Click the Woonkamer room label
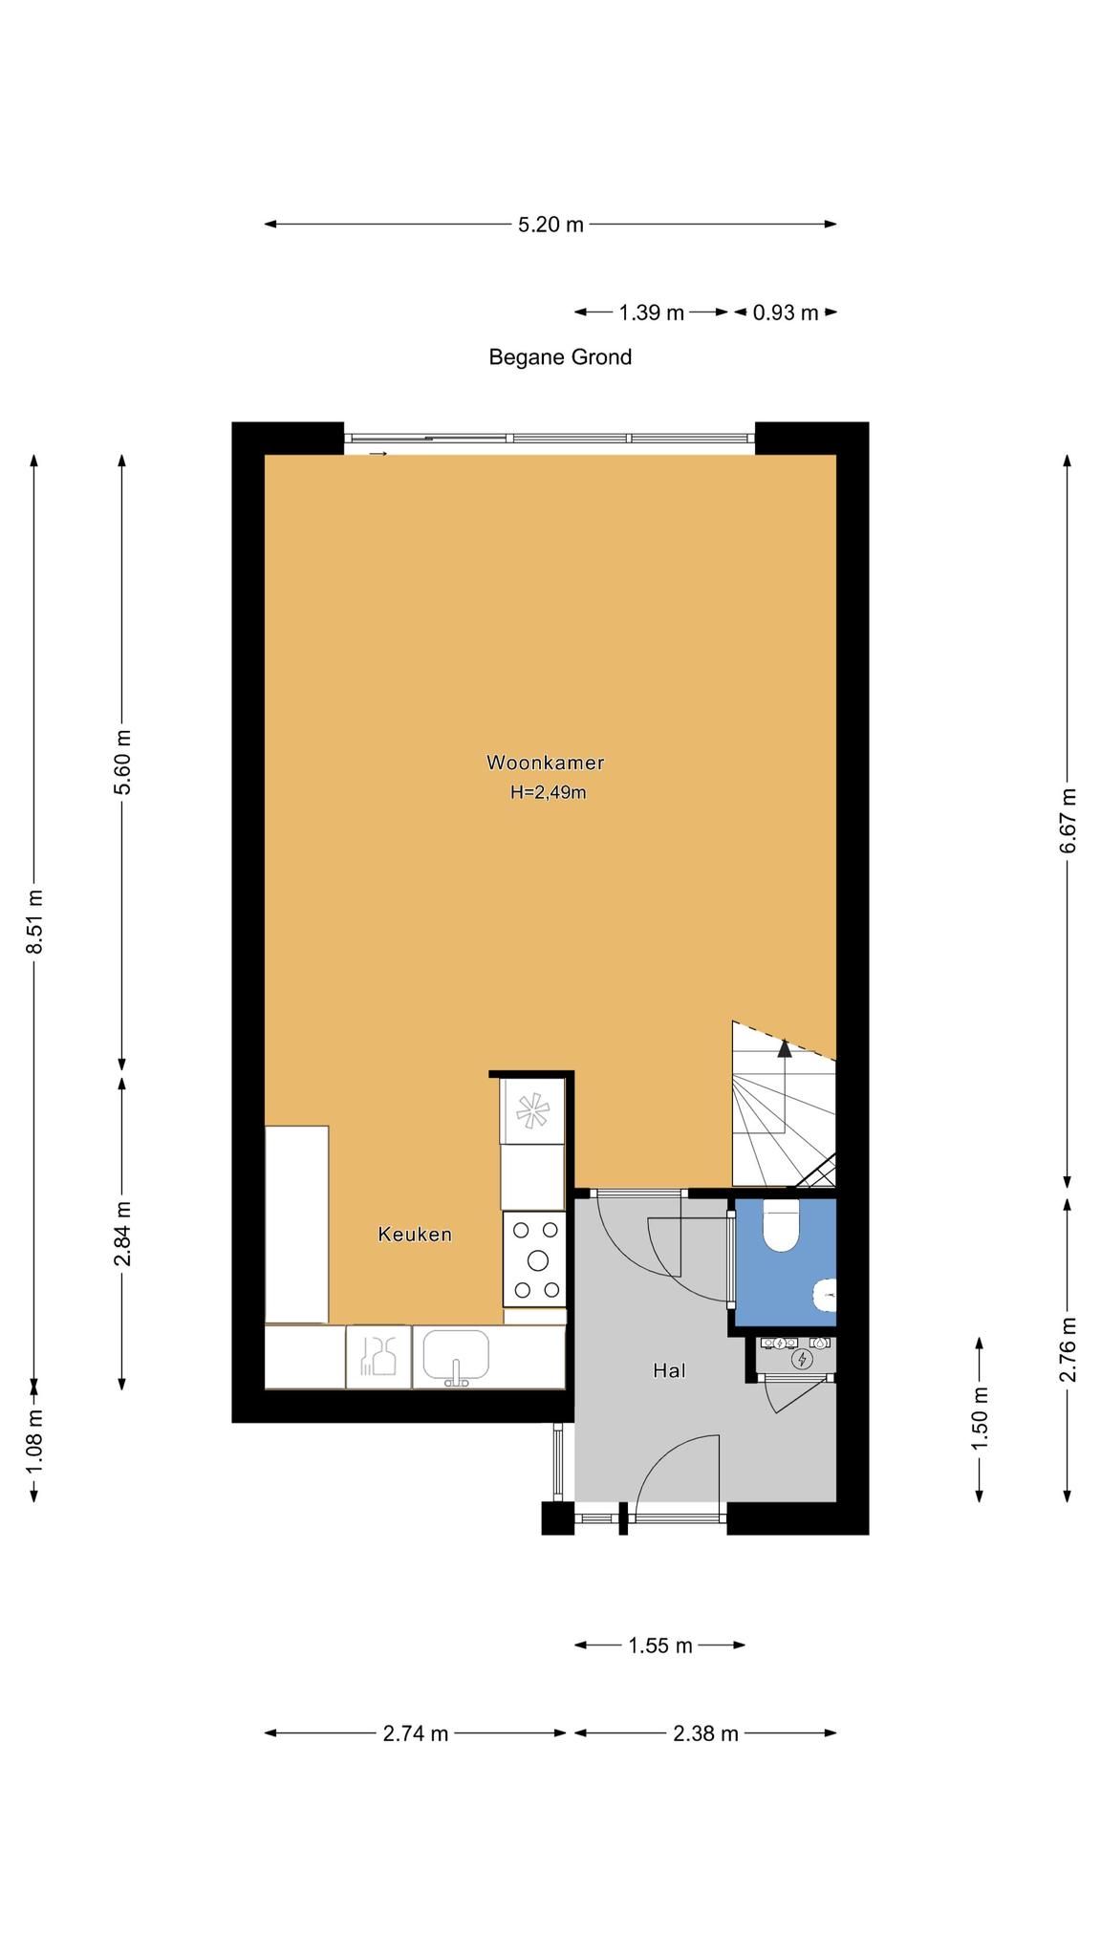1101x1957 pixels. pyautogui.click(x=545, y=763)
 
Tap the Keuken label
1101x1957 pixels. pyautogui.click(x=415, y=1235)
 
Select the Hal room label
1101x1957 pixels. pyautogui.click(x=669, y=1371)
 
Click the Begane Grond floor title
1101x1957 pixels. pyautogui.click(x=560, y=357)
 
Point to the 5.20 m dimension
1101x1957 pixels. pyautogui.click(x=550, y=226)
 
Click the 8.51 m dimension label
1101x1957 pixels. pyautogui.click(x=34, y=921)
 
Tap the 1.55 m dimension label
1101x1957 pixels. pyautogui.click(x=659, y=1645)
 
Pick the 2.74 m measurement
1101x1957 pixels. pyautogui.click(x=416, y=1733)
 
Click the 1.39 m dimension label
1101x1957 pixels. pyautogui.click(x=652, y=312)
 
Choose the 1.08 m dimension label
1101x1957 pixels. pyautogui.click(x=34, y=1441)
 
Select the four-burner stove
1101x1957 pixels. pyautogui.click(x=535, y=1259)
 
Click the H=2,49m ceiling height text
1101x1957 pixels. pyautogui.click(x=548, y=792)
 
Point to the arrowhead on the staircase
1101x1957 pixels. pyautogui.click(x=785, y=1048)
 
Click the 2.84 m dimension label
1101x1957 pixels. pyautogui.click(x=122, y=1234)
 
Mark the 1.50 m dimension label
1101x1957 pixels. pyautogui.click(x=980, y=1418)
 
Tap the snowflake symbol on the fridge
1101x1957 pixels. pyautogui.click(x=532, y=1110)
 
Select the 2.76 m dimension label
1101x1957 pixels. pyautogui.click(x=1069, y=1348)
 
